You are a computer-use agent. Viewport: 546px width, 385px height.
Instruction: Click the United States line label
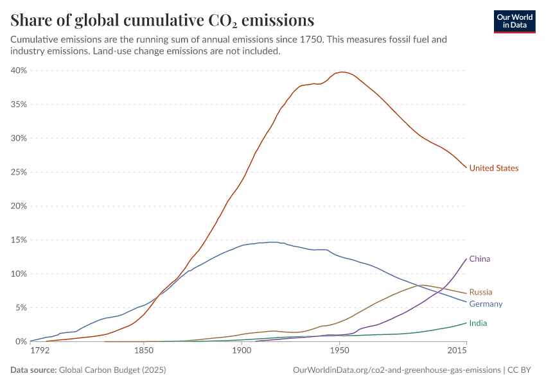pos(493,168)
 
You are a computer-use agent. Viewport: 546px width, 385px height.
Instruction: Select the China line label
pos(480,259)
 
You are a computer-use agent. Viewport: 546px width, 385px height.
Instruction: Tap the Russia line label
pos(481,292)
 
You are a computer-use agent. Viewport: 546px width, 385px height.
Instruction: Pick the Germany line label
pos(486,304)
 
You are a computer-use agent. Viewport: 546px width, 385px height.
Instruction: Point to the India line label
pos(478,323)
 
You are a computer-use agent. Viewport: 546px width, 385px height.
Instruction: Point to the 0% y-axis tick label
pos(21,341)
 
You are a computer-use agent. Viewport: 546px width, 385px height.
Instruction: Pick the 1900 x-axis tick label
pos(241,352)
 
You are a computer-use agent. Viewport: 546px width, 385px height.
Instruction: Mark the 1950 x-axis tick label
pos(339,352)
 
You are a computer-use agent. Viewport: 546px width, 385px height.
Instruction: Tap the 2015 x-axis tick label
pos(457,352)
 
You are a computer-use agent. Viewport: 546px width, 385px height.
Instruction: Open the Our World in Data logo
pos(515,21)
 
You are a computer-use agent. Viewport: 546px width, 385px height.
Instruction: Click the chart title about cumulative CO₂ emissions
pos(163,20)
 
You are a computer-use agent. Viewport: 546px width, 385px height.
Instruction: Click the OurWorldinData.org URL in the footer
pos(396,370)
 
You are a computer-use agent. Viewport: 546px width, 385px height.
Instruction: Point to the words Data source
pos(33,370)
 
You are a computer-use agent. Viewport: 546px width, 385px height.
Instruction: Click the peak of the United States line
pos(343,72)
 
